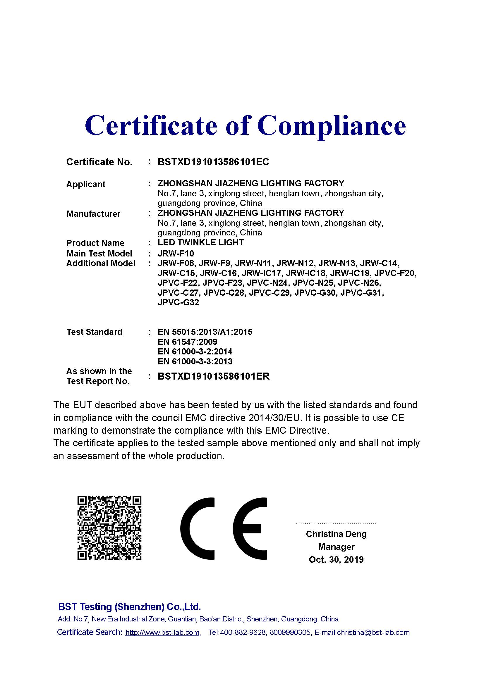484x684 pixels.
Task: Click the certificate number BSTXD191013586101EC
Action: (x=213, y=162)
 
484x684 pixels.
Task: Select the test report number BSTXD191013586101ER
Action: (x=213, y=376)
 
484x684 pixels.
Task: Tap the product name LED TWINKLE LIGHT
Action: (x=200, y=242)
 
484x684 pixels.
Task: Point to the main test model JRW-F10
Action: (x=176, y=254)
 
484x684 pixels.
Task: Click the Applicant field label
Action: (x=86, y=184)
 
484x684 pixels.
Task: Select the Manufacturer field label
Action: (x=93, y=213)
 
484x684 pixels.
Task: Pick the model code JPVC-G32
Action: (x=178, y=303)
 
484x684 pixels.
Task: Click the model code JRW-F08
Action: (x=176, y=263)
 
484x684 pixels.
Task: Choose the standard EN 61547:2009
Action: (x=188, y=342)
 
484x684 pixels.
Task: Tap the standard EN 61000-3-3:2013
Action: (x=195, y=361)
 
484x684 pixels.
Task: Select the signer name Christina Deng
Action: (x=336, y=534)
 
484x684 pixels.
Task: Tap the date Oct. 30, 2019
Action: (x=336, y=559)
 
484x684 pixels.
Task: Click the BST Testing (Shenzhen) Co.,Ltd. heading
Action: (x=129, y=607)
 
